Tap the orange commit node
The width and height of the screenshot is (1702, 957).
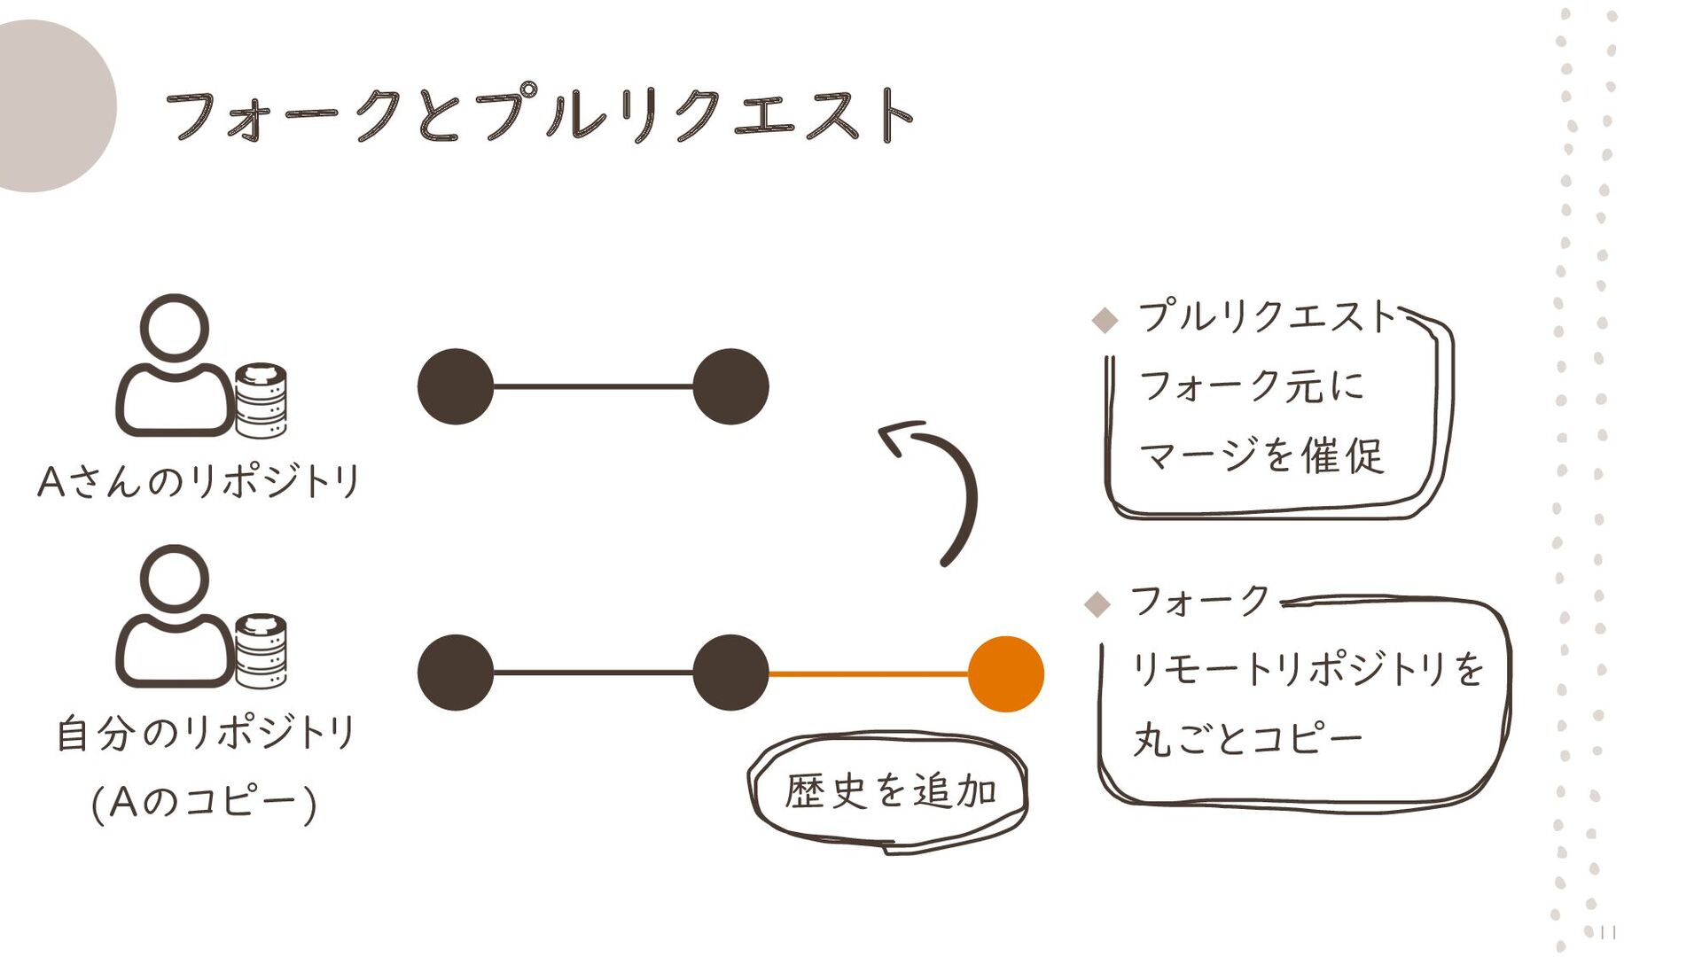(x=1005, y=674)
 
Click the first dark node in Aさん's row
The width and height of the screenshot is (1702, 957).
(x=456, y=386)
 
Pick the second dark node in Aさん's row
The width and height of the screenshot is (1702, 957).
(x=730, y=386)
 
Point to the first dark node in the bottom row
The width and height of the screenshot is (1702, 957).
(x=456, y=673)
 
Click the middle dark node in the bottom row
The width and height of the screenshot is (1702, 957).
(x=730, y=673)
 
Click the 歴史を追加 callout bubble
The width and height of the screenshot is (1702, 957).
(x=890, y=790)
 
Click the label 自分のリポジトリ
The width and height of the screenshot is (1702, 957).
(x=206, y=734)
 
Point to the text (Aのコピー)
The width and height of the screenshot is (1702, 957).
(x=204, y=803)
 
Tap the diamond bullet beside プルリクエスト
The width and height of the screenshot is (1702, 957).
(x=1105, y=320)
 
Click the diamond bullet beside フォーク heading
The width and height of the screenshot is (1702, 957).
(x=1097, y=604)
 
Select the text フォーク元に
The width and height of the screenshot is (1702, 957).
(x=1250, y=386)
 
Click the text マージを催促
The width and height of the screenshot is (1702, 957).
(x=1261, y=456)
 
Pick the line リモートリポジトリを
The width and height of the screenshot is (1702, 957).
(x=1307, y=668)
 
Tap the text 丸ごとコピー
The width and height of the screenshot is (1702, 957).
(x=1246, y=739)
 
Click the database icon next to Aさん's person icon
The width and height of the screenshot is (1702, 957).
(x=261, y=401)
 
